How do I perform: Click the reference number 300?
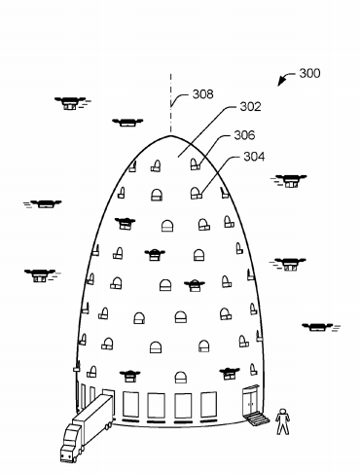pyautogui.click(x=309, y=73)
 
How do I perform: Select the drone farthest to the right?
pyautogui.click(x=317, y=327)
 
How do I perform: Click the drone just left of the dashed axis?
pyautogui.click(x=127, y=123)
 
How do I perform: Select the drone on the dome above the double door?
pyautogui.click(x=230, y=371)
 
